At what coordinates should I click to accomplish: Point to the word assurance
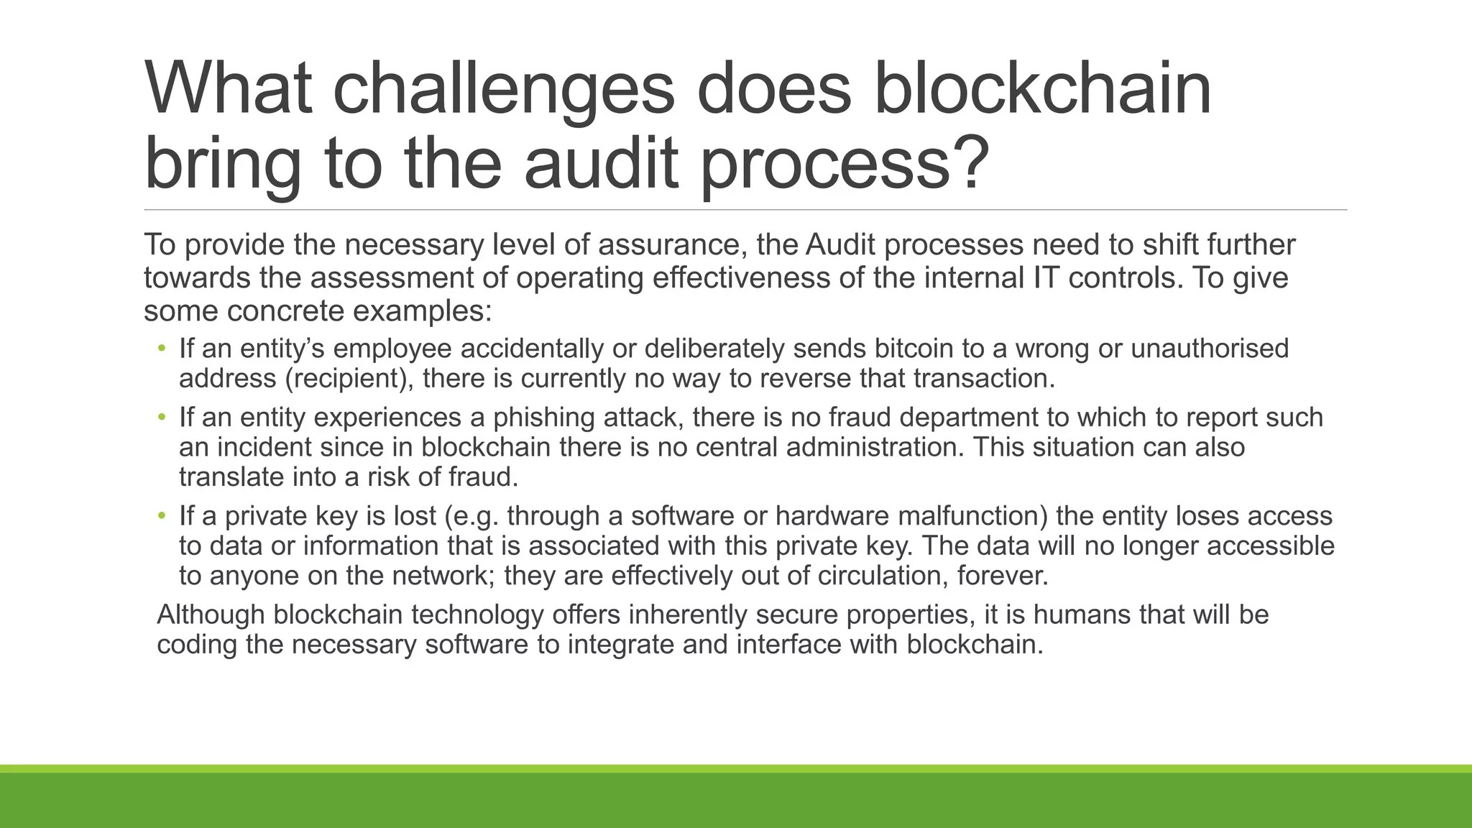pos(668,245)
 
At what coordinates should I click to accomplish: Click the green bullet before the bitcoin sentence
pos(162,349)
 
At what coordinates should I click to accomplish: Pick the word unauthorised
pos(1210,349)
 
